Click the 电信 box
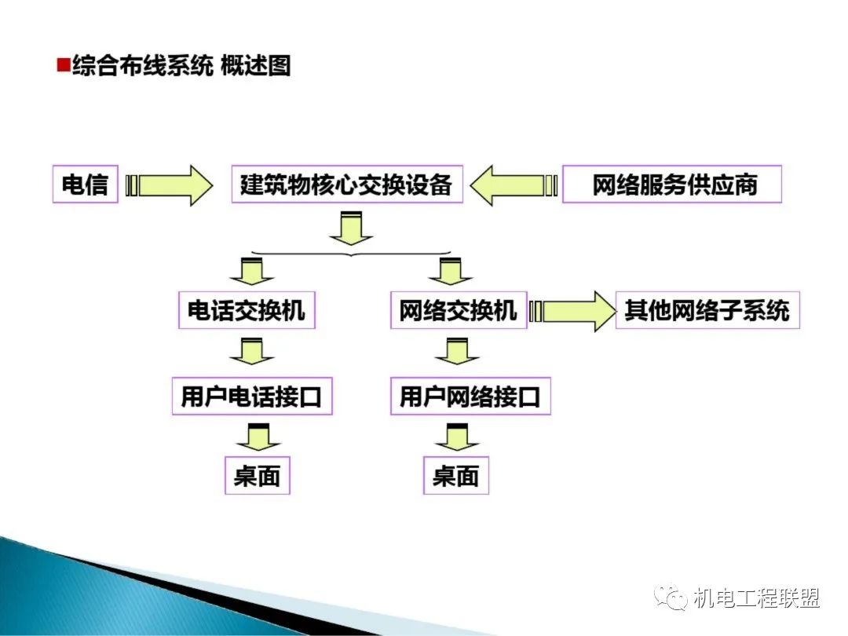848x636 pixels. click(x=85, y=185)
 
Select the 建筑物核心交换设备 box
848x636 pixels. click(x=346, y=185)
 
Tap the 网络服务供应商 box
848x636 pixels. click(x=673, y=185)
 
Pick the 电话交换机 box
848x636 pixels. click(x=246, y=311)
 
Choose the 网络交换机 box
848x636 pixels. click(x=459, y=311)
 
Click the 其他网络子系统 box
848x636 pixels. click(x=707, y=311)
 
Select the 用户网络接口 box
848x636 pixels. click(x=470, y=397)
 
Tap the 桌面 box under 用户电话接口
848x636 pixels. click(x=258, y=476)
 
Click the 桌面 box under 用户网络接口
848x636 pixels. click(x=456, y=476)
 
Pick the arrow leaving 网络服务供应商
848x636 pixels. click(x=514, y=185)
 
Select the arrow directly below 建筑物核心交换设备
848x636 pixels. click(x=351, y=228)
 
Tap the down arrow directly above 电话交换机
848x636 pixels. click(x=251, y=270)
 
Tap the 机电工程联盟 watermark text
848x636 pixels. click(x=757, y=598)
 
